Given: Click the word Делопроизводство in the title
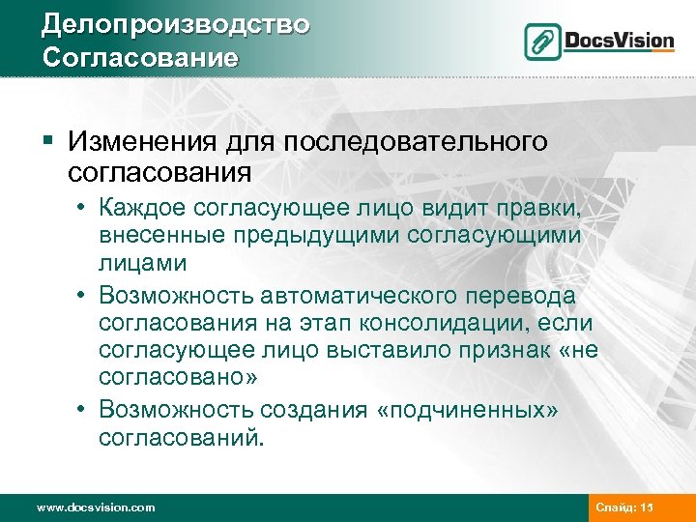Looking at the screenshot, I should (x=175, y=23).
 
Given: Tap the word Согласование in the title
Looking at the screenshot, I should (x=140, y=56).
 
